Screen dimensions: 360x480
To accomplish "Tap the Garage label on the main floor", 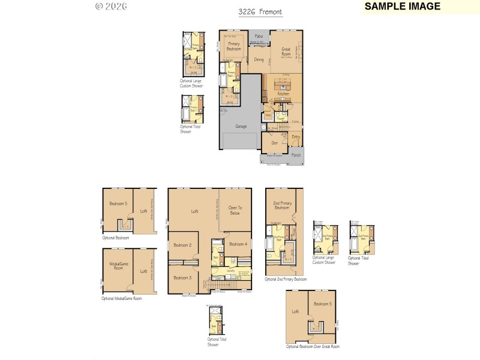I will click(241, 127).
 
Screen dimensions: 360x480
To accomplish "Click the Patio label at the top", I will click(259, 37).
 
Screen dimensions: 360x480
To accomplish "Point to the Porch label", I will click(296, 155).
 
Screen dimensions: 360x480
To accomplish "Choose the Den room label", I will click(274, 143).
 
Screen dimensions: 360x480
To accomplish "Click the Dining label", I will click(259, 60).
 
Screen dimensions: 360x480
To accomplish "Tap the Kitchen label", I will click(283, 94).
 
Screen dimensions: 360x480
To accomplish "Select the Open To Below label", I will click(235, 211).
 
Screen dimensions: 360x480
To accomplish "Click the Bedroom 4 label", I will click(237, 244).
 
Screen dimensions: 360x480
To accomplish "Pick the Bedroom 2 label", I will click(182, 245).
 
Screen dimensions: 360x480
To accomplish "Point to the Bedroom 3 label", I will click(182, 278).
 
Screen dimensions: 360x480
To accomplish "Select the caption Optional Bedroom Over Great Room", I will click(313, 347).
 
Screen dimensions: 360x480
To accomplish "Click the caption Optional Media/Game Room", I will click(121, 298).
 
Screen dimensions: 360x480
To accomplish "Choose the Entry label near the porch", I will click(296, 137).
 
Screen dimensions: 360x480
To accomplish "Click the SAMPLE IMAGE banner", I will click(403, 7).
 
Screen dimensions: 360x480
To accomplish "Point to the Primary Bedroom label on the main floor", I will click(234, 47).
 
